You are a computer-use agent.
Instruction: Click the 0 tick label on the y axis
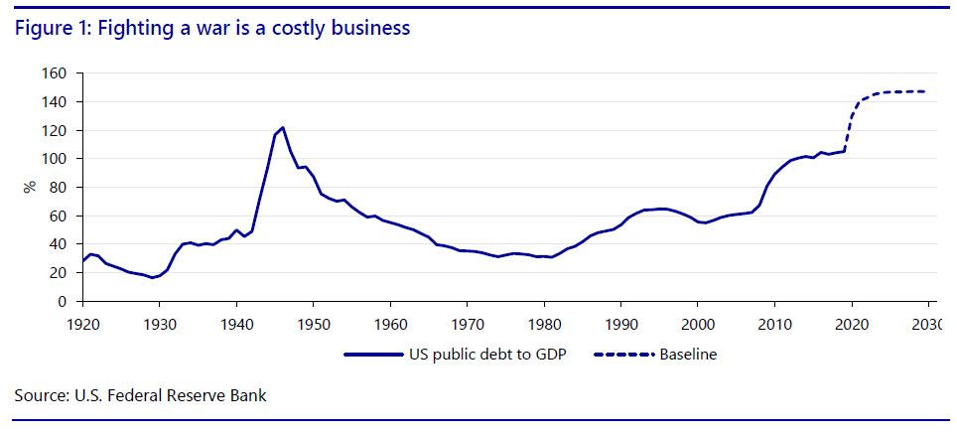click(62, 301)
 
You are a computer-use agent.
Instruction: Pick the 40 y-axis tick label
click(58, 244)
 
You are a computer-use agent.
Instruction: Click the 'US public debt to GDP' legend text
click(492, 354)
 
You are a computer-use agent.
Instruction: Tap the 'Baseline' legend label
click(688, 354)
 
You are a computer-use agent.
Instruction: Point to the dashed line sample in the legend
click(623, 354)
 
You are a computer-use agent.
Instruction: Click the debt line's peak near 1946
click(283, 127)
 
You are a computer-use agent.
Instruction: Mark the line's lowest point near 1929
click(153, 277)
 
